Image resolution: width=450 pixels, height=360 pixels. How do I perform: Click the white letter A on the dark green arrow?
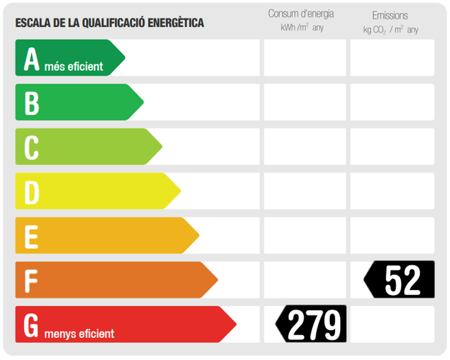point(31,58)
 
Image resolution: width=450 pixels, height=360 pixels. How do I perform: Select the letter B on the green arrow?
point(31,103)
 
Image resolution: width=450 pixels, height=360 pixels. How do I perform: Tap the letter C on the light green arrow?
point(31,147)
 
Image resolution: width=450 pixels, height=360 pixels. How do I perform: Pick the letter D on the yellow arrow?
point(31,192)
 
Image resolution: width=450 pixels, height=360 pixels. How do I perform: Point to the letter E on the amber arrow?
point(31,236)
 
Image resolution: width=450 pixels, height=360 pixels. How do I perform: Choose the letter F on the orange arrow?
point(31,280)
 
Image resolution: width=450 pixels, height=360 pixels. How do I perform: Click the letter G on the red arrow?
point(31,325)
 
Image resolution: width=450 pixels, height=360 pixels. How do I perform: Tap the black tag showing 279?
point(312,324)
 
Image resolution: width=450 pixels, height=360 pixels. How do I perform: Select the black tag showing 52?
point(400,279)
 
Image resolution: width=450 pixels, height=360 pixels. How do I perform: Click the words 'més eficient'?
point(74,67)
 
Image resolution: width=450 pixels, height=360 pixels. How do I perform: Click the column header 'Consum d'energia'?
point(301,14)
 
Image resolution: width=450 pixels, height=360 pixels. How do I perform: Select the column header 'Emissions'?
point(390,16)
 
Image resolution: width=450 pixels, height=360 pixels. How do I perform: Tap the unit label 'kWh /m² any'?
point(302,28)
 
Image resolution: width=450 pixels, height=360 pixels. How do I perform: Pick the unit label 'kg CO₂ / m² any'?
point(391,30)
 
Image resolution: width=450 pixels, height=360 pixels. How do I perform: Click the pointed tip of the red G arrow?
point(235,324)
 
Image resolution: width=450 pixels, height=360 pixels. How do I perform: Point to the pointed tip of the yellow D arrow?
point(180,191)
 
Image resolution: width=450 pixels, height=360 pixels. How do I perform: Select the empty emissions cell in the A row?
point(392,58)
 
